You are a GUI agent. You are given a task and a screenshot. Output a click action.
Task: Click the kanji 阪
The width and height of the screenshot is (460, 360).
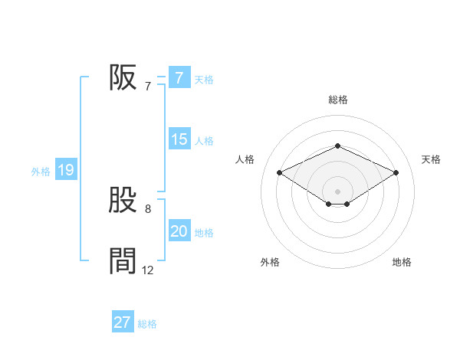click(x=123, y=77)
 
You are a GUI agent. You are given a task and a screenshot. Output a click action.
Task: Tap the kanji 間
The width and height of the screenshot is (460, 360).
click(x=123, y=261)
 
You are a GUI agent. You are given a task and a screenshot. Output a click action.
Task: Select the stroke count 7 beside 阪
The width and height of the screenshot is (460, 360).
click(x=147, y=87)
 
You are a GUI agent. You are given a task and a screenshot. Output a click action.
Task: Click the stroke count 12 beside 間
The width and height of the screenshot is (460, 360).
click(x=148, y=270)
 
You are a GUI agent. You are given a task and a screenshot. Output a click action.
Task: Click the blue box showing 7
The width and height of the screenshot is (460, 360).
click(x=179, y=78)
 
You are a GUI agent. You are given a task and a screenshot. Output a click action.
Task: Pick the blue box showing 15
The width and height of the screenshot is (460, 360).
click(x=179, y=139)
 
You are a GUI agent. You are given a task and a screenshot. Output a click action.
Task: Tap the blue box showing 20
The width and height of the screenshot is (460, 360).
click(x=179, y=231)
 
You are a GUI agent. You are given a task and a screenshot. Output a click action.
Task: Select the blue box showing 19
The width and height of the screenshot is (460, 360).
click(x=65, y=170)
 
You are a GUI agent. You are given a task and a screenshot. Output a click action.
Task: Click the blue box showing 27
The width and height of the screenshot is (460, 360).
click(x=123, y=322)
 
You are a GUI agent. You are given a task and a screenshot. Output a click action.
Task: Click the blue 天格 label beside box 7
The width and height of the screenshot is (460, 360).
click(x=204, y=79)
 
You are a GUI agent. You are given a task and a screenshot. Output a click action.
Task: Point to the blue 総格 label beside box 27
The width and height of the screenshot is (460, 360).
click(x=147, y=324)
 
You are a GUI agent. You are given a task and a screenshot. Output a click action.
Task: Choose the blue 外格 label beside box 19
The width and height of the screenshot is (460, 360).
click(x=41, y=172)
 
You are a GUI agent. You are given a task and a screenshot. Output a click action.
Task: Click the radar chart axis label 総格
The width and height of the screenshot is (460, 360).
click(x=337, y=100)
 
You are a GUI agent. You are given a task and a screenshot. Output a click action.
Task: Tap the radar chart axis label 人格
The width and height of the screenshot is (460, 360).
click(x=245, y=159)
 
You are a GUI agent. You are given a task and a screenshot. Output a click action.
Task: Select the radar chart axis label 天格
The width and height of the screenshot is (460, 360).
click(x=431, y=159)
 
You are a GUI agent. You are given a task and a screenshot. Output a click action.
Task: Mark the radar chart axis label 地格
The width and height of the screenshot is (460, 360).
click(x=402, y=262)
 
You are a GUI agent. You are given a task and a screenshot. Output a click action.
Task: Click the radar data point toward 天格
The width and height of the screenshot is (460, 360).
click(x=396, y=173)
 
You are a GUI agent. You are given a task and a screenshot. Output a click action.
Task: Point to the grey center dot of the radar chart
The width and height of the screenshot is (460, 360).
click(x=337, y=191)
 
